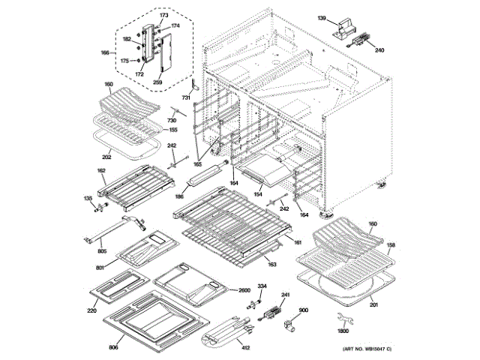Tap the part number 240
click(x=379, y=50)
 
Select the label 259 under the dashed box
click(x=157, y=82)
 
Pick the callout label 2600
click(x=244, y=290)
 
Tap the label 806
click(x=114, y=347)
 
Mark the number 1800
click(x=343, y=331)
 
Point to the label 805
click(x=103, y=250)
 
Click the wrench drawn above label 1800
click(x=339, y=315)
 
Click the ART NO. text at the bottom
click(x=367, y=350)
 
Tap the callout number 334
click(x=262, y=286)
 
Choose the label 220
click(x=91, y=310)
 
